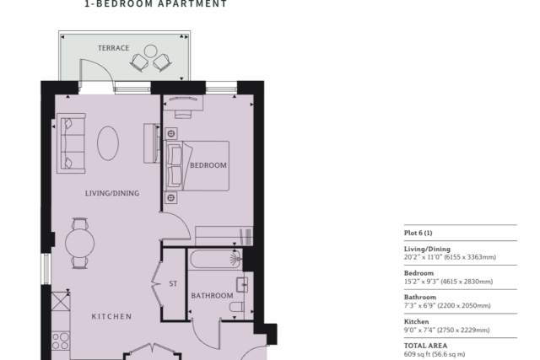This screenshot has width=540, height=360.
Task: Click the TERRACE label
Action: tap(113, 48)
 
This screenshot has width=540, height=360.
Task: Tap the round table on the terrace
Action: tap(150, 51)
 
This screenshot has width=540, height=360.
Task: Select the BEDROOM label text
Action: tap(208, 165)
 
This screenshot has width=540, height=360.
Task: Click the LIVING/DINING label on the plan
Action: tap(112, 193)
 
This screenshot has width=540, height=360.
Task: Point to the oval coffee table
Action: tap(108, 143)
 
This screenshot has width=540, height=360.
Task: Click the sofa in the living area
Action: tap(71, 143)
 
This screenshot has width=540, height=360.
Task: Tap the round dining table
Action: tap(79, 243)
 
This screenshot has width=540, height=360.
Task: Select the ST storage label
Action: tap(173, 283)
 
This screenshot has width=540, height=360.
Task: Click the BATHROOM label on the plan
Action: tap(212, 296)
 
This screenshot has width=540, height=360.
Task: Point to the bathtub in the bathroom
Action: tap(215, 259)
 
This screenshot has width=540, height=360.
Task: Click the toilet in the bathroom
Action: tap(237, 306)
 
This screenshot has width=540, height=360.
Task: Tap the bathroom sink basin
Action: tap(242, 285)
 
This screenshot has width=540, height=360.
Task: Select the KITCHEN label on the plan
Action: tap(111, 316)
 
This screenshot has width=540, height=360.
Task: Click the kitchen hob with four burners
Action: tap(60, 341)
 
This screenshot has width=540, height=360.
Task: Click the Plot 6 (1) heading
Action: tap(418, 233)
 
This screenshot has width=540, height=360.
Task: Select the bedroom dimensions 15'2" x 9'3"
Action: tap(448, 282)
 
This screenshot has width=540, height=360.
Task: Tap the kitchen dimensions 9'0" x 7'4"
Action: tap(446, 330)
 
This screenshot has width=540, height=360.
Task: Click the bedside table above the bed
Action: tap(171, 133)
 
